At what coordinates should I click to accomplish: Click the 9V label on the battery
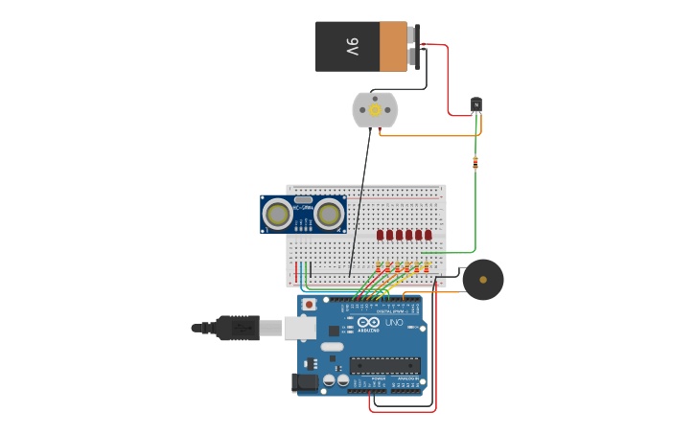352,46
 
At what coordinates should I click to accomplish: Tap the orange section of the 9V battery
393,47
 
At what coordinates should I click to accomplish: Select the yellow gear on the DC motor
374,110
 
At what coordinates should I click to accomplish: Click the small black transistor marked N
475,104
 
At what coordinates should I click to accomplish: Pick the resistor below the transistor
475,162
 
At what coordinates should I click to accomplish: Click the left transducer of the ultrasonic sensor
279,215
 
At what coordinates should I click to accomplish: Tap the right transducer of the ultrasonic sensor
330,215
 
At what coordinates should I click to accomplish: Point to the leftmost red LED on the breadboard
381,235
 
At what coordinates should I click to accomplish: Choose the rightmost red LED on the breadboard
428,235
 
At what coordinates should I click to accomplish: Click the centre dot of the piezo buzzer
483,281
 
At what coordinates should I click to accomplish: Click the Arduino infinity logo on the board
369,324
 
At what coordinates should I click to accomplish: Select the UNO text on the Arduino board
393,324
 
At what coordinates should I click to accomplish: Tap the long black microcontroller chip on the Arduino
384,365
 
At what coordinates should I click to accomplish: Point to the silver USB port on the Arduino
299,328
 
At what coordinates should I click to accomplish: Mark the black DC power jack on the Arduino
305,382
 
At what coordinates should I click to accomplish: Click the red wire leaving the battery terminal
447,77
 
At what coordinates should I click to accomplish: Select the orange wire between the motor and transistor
431,135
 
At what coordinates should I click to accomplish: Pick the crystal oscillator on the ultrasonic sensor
303,200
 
